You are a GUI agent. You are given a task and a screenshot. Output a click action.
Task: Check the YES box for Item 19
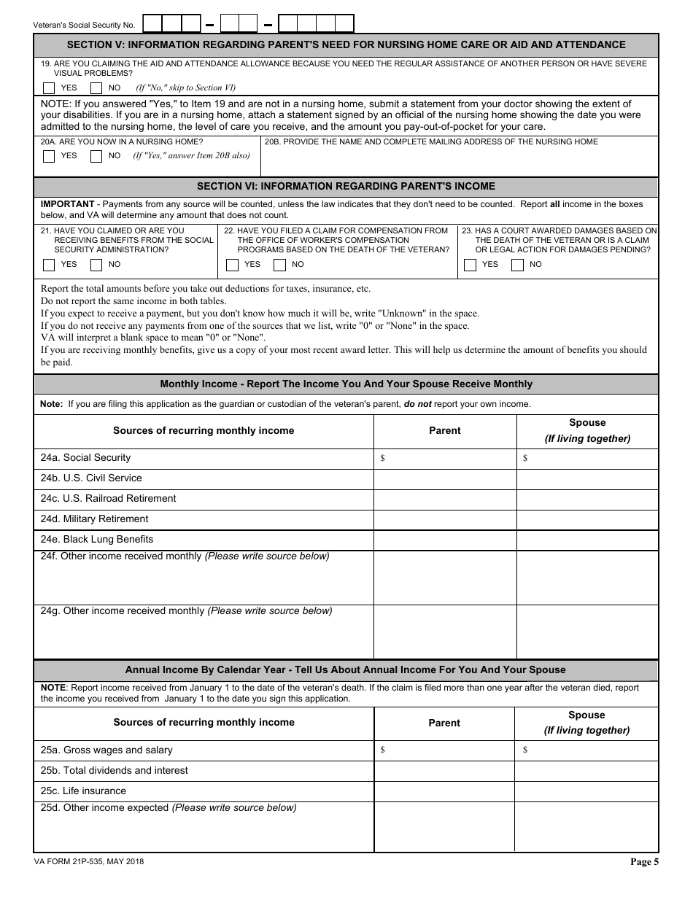pyautogui.click(x=49, y=88)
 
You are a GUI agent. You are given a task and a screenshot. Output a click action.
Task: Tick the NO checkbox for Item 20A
pyautogui.click(x=96, y=156)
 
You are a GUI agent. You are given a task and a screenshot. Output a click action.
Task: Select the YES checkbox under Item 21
pyautogui.click(x=49, y=265)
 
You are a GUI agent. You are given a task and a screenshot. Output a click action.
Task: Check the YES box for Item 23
pyautogui.click(x=470, y=265)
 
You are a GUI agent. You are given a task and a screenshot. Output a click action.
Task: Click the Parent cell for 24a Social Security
pyautogui.click(x=445, y=459)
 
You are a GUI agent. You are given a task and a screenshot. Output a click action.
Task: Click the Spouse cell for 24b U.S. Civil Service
pyautogui.click(x=587, y=479)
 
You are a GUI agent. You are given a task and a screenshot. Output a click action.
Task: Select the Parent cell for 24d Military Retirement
pyautogui.click(x=445, y=520)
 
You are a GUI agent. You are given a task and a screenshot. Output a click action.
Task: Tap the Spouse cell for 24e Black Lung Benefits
pyautogui.click(x=587, y=540)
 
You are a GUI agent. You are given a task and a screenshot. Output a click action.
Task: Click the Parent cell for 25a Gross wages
pyautogui.click(x=445, y=750)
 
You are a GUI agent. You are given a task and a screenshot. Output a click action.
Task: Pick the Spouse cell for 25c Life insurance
pyautogui.click(x=586, y=791)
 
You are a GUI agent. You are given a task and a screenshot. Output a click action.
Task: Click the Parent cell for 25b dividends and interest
pyautogui.click(x=445, y=771)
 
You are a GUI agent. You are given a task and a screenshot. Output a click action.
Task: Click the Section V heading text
pyautogui.click(x=346, y=45)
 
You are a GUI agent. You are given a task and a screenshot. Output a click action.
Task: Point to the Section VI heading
pyautogui.click(x=346, y=187)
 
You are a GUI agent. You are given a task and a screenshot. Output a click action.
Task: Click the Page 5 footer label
pyautogui.click(x=644, y=862)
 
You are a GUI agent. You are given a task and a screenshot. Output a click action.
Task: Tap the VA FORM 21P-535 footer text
pyautogui.click(x=89, y=862)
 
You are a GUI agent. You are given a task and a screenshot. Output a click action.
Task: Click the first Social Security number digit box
pyautogui.click(x=152, y=24)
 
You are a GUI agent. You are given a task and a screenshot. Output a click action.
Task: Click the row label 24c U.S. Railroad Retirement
pyautogui.click(x=109, y=499)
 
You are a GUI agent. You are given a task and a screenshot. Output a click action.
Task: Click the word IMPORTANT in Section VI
pyautogui.click(x=68, y=205)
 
